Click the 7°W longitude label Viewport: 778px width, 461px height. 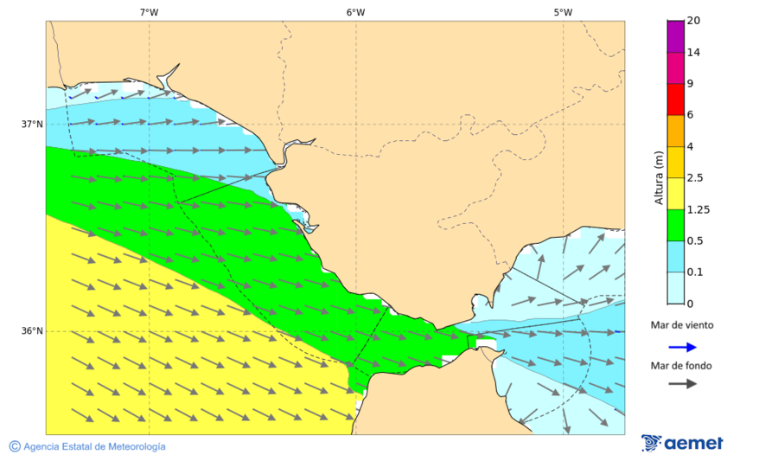(x=149, y=12)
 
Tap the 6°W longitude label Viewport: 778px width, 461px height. (x=355, y=12)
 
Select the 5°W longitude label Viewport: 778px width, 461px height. (x=563, y=12)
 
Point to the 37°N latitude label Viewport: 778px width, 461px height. (x=32, y=124)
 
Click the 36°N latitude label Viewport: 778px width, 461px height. (x=32, y=330)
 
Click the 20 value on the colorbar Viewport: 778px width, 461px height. (x=693, y=21)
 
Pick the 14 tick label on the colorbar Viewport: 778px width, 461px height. (x=693, y=52)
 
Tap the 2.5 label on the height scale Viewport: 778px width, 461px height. (x=694, y=178)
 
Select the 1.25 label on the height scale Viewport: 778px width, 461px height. (x=696, y=209)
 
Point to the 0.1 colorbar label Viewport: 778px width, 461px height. (x=694, y=272)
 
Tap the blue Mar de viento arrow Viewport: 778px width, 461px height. (x=682, y=347)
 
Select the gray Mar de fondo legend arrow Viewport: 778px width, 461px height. (x=682, y=383)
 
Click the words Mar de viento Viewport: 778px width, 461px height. (x=682, y=325)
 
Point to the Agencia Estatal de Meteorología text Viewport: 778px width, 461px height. (x=94, y=446)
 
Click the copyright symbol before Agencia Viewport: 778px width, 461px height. (x=15, y=446)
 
